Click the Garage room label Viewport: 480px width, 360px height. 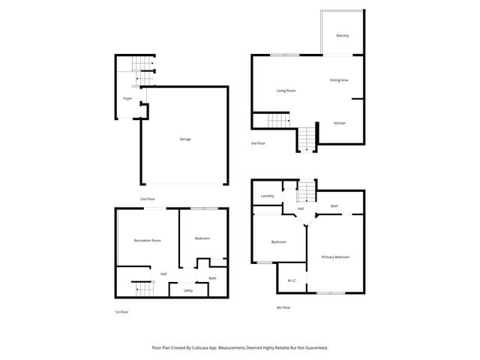184,139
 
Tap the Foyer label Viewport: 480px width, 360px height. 127,98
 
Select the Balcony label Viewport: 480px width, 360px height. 342,35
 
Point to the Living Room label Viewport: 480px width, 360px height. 286,91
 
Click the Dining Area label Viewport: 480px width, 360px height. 339,79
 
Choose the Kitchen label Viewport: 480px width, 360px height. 339,123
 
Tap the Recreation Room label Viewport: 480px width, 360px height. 147,240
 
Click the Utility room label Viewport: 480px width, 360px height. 188,290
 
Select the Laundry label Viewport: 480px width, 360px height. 267,196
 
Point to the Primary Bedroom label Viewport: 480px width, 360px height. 335,257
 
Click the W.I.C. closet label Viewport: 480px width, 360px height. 292,281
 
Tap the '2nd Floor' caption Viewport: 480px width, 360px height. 147,199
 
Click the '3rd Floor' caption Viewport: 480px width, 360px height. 258,142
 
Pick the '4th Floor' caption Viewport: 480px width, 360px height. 283,307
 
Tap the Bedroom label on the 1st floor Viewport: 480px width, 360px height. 202,238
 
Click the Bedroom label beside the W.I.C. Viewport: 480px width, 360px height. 278,241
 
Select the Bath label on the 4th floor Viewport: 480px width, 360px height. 334,206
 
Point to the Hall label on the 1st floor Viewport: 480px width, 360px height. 163,274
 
